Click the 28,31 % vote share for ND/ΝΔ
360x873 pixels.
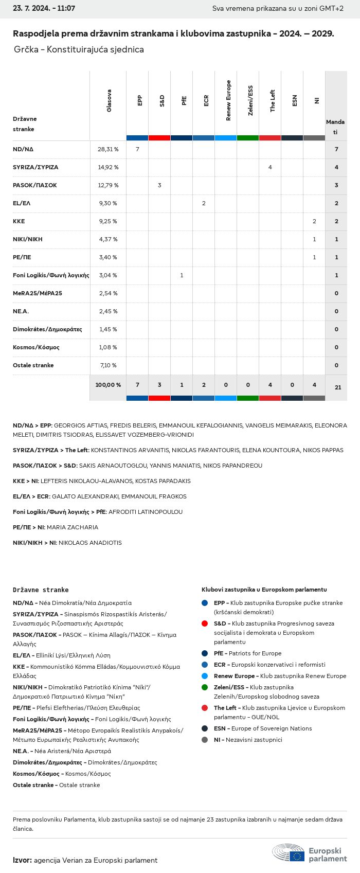tap(108, 149)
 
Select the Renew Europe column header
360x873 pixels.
tap(228, 101)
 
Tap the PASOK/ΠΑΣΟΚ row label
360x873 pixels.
tap(35, 185)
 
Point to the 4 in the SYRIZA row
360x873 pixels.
tap(270, 167)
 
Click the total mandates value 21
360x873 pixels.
tap(338, 387)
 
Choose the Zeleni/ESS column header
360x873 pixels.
tap(250, 101)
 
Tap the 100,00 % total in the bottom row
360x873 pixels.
tap(108, 385)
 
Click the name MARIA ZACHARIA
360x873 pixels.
tap(73, 527)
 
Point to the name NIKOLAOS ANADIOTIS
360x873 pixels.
tap(91, 543)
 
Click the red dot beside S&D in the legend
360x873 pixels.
tap(205, 623)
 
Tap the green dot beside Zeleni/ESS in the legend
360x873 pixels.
tap(205, 687)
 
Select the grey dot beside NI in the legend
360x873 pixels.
tap(205, 740)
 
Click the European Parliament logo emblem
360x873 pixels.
tap(289, 852)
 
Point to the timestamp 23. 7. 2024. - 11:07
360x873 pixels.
tap(44, 9)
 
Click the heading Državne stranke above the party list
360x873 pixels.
tap(41, 590)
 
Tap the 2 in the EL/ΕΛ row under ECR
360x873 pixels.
tap(204, 203)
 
